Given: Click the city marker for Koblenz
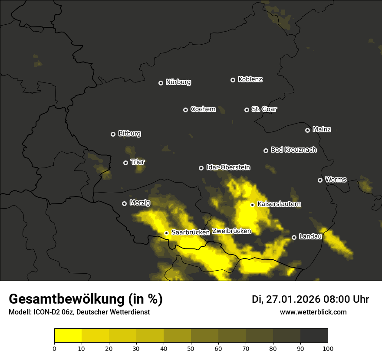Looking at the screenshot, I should (x=233, y=80).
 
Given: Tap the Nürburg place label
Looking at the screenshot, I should (x=178, y=82).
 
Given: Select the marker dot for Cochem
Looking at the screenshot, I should (x=185, y=110).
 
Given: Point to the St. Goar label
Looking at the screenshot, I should (x=264, y=109).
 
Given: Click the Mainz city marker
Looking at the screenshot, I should (x=307, y=130).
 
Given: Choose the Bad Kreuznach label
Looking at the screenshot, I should (x=293, y=150).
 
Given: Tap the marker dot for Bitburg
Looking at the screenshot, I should (x=113, y=134).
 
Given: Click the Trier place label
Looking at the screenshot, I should (x=138, y=162).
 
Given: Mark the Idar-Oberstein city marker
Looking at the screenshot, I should (x=201, y=168).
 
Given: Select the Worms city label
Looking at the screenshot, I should (x=336, y=180).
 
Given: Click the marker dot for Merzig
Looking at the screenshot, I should (x=124, y=203).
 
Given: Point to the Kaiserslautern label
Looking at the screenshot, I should (x=279, y=204).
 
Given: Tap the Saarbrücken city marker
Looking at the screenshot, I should (x=166, y=233).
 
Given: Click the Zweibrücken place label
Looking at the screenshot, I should (x=231, y=231).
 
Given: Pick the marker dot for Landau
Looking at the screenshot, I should (x=294, y=237).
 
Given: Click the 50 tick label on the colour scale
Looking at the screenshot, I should (x=191, y=348).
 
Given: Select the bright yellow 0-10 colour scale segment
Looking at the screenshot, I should (x=68, y=336).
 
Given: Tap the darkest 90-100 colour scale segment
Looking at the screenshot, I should (x=314, y=336).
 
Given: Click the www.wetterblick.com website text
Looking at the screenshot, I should (x=313, y=312).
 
